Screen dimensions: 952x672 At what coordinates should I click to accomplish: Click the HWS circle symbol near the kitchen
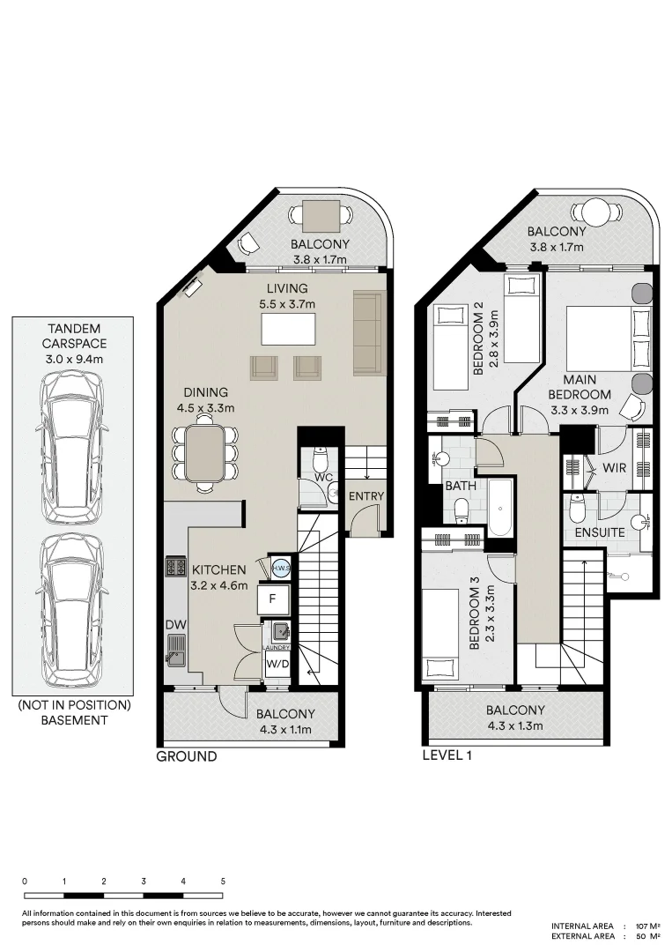pos(281,569)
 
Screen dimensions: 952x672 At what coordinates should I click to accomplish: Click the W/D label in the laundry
pos(277,662)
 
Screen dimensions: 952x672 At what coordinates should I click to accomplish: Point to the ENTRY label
pos(366,496)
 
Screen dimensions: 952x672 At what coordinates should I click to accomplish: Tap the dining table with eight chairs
pos(205,452)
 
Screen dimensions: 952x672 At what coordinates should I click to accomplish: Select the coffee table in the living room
pos(289,329)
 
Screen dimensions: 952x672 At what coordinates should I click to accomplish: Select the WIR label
pos(614,468)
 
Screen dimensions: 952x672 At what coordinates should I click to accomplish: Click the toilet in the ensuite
pos(578,508)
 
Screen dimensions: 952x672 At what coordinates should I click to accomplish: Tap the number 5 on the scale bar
pos(223,881)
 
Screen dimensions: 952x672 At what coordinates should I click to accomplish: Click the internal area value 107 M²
pos(646,926)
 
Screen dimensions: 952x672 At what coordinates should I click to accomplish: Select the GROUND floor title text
pos(186,756)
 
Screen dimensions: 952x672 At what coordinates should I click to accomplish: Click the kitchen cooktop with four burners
pos(175,567)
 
